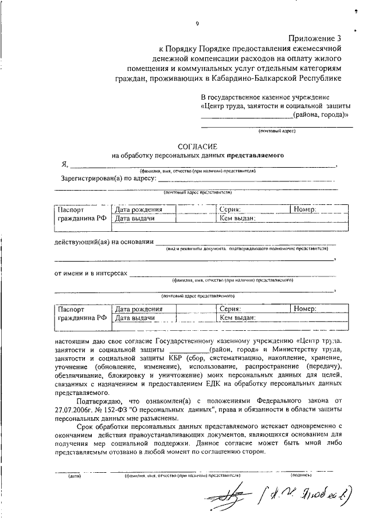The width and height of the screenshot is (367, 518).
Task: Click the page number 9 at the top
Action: [197, 23]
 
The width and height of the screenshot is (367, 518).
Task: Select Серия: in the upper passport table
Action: [230, 210]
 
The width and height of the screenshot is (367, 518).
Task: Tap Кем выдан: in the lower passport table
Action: [237, 317]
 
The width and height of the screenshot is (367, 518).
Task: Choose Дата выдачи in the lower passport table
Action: [135, 317]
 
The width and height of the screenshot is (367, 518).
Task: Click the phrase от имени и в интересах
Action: [91, 274]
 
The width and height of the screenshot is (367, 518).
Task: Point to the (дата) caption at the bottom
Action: [75, 476]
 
